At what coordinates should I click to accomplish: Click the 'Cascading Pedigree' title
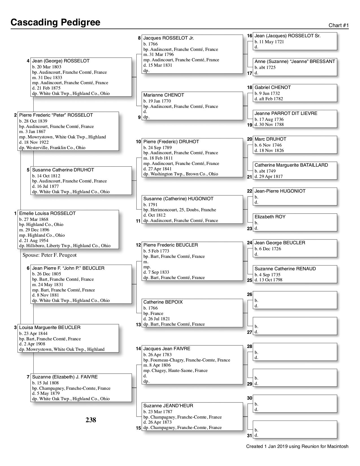pyautogui.click(x=55, y=22)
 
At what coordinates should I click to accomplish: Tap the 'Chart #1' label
pyautogui.click(x=339, y=25)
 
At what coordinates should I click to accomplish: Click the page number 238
pyautogui.click(x=91, y=420)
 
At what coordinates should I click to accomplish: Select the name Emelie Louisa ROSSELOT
pyautogui.click(x=47, y=214)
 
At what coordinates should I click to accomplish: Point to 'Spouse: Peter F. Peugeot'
pyautogui.click(x=49, y=255)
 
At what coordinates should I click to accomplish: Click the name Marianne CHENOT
pyautogui.click(x=164, y=95)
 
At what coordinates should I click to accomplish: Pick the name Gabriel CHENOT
pyautogui.click(x=273, y=88)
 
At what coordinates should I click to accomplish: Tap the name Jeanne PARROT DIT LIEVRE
pyautogui.click(x=286, y=114)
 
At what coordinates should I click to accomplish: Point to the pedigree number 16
pyautogui.click(x=249, y=36)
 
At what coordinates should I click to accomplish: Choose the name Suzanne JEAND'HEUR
pyautogui.click(x=168, y=406)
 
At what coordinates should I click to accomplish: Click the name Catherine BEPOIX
pyautogui.click(x=163, y=302)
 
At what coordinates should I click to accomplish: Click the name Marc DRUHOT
pyautogui.click(x=270, y=139)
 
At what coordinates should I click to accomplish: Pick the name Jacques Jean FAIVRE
pyautogui.click(x=167, y=349)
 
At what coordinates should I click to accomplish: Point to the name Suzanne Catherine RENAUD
pyautogui.click(x=285, y=269)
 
